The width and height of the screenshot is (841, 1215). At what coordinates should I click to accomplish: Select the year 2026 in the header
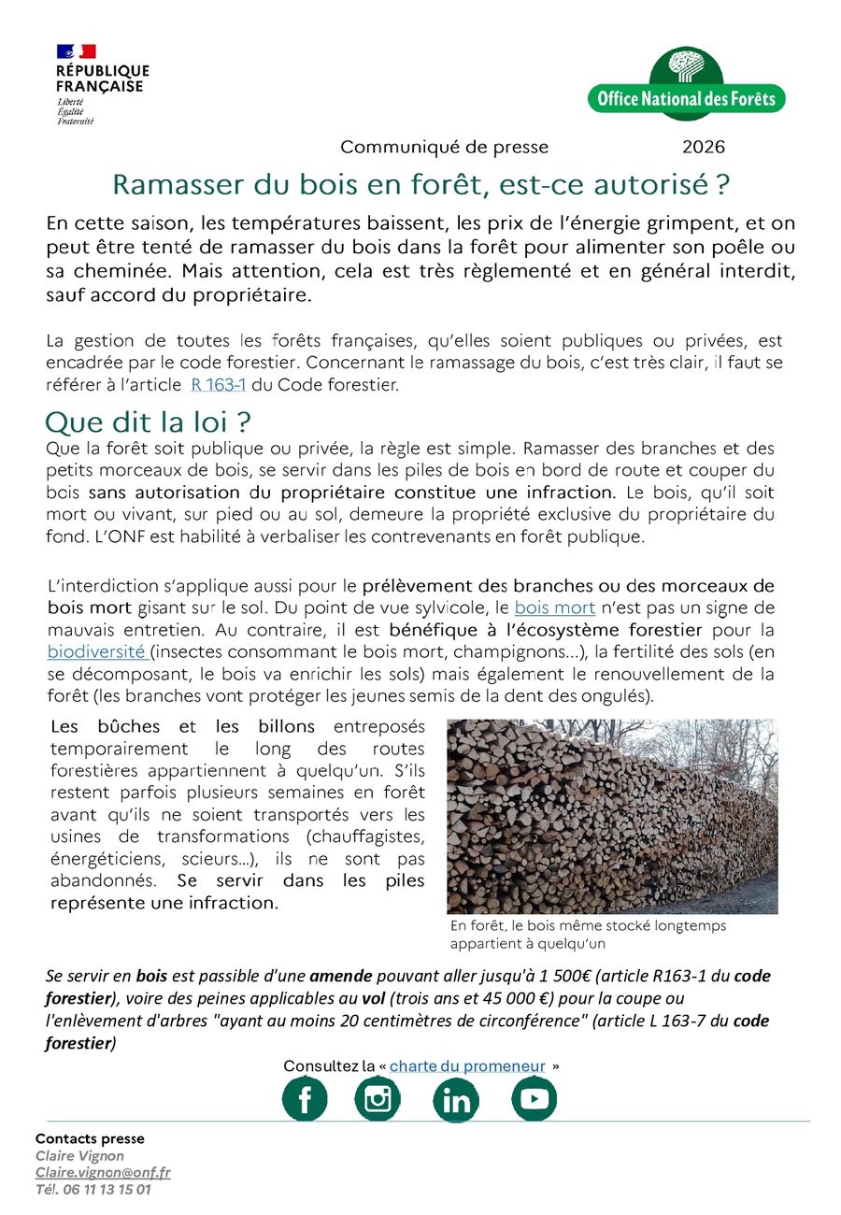[x=704, y=147]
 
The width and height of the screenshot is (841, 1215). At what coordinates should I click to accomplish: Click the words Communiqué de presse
[x=444, y=147]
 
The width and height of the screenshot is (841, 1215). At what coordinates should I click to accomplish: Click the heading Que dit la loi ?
[x=150, y=420]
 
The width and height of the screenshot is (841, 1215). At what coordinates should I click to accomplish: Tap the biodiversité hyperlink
[x=97, y=651]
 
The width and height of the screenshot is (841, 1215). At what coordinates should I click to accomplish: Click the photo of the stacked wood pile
[x=612, y=816]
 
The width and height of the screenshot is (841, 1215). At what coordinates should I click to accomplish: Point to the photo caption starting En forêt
[x=588, y=934]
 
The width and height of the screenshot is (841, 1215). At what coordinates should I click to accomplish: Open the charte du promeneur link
[x=467, y=1066]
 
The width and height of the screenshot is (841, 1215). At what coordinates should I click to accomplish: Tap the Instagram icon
[x=378, y=1099]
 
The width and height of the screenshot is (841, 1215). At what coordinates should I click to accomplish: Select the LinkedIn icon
[x=456, y=1100]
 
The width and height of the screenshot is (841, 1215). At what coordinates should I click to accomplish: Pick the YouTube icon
[x=534, y=1099]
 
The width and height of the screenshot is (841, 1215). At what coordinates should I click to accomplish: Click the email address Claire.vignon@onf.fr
[x=103, y=1173]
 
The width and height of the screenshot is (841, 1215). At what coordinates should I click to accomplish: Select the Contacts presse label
[x=90, y=1138]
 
